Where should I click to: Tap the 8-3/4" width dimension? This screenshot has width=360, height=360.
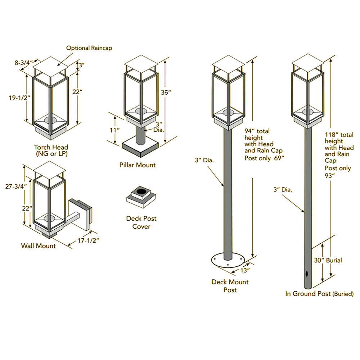click(24, 63)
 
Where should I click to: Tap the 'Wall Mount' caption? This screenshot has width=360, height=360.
click(38, 246)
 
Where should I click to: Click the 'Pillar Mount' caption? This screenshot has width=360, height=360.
click(138, 165)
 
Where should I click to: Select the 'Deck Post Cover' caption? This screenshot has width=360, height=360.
click(141, 222)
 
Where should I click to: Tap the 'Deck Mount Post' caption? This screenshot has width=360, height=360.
click(230, 285)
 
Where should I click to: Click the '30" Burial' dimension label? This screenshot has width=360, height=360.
click(328, 260)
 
